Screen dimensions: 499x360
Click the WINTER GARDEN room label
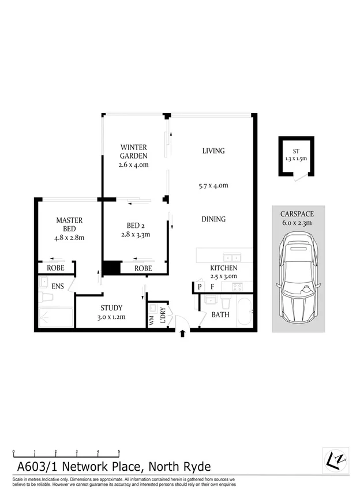click(134, 151)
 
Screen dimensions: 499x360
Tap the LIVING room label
click(213, 151)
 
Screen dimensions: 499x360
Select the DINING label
click(213, 219)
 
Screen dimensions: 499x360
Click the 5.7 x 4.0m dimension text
click(213, 186)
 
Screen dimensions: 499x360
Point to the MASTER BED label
click(69, 224)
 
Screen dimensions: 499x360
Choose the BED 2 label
click(138, 226)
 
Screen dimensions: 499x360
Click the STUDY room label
click(112, 308)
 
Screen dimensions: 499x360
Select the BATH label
click(220, 315)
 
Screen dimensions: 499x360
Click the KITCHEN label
click(224, 269)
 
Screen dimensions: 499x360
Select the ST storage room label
click(295, 150)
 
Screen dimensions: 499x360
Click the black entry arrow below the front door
click(183, 333)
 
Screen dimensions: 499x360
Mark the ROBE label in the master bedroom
click(55, 268)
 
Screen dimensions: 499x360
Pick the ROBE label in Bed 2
click(143, 269)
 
